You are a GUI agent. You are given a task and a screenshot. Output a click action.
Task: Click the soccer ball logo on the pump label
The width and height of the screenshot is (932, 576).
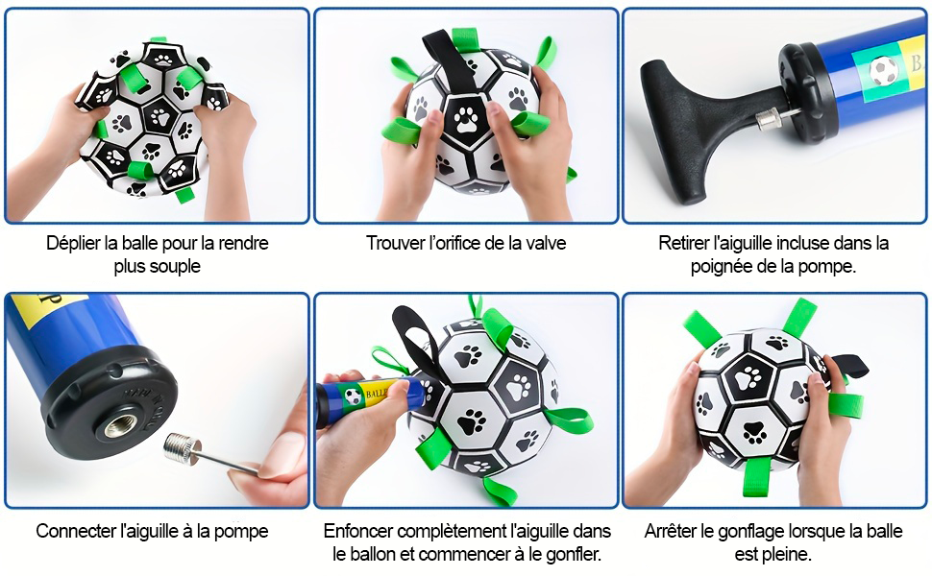pyautogui.click(x=884, y=70)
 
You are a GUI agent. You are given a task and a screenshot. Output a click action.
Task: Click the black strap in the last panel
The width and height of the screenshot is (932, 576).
pyautogui.click(x=847, y=365)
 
